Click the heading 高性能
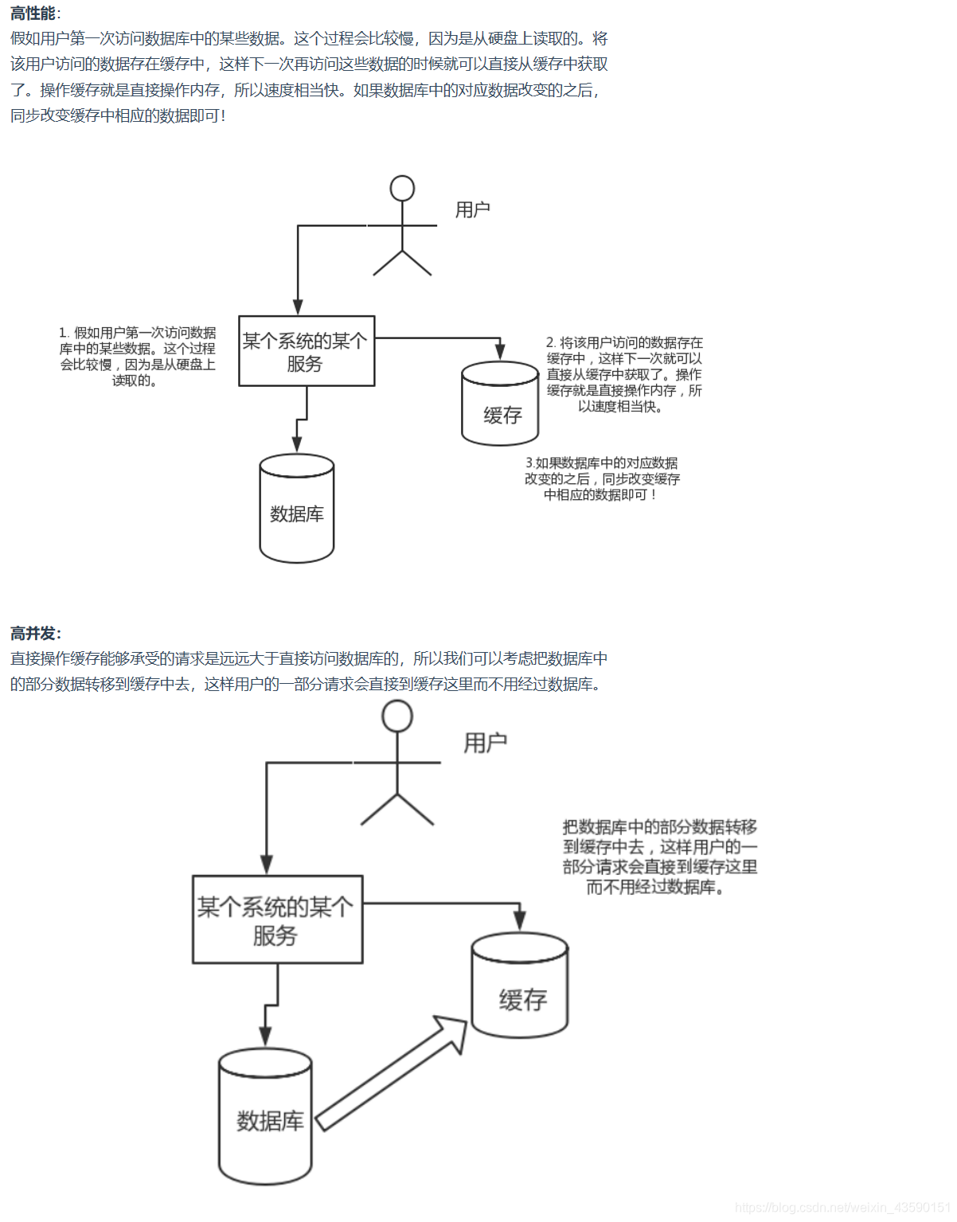[x=34, y=14]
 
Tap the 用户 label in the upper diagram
[x=472, y=209]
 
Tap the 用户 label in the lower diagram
[x=485, y=743]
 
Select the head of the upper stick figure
[x=402, y=189]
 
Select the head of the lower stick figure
[x=397, y=716]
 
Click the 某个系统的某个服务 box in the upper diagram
[x=307, y=351]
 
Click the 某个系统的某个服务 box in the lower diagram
[x=277, y=919]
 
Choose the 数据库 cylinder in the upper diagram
[x=296, y=509]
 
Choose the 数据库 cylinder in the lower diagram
[x=265, y=1116]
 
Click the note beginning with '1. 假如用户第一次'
[x=137, y=356]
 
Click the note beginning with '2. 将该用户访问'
[x=623, y=374]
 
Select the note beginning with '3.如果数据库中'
[x=602, y=478]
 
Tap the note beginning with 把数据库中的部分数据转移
[x=659, y=857]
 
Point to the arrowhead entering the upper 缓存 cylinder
[x=500, y=352]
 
